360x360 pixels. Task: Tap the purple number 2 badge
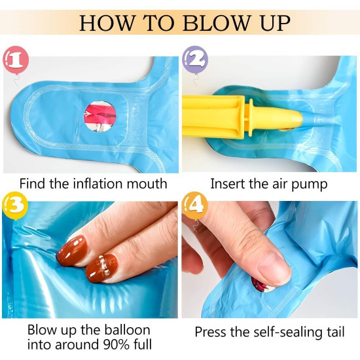(195, 60)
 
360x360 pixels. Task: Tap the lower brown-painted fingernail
(102, 268)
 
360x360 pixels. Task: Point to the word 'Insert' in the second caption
(226, 184)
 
